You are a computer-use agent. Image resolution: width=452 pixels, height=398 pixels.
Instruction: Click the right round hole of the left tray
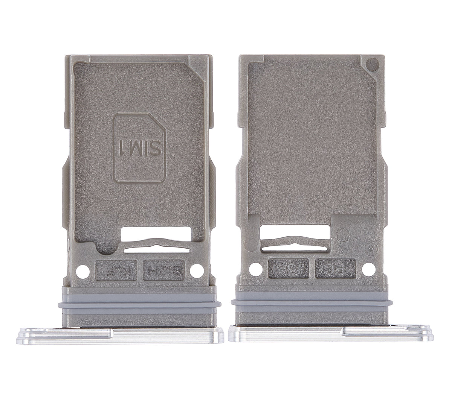[197, 270]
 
